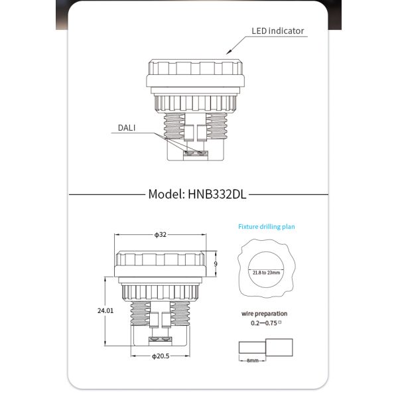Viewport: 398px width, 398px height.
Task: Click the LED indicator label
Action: [277, 31]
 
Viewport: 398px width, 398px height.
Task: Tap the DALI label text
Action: [127, 127]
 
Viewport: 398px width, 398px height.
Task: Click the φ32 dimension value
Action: [160, 235]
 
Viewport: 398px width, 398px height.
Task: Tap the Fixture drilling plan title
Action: [267, 227]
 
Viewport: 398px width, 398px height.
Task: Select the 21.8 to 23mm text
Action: [266, 272]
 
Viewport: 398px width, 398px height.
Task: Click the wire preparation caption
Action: [265, 314]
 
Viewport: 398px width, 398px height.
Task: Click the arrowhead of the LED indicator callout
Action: [228, 52]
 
